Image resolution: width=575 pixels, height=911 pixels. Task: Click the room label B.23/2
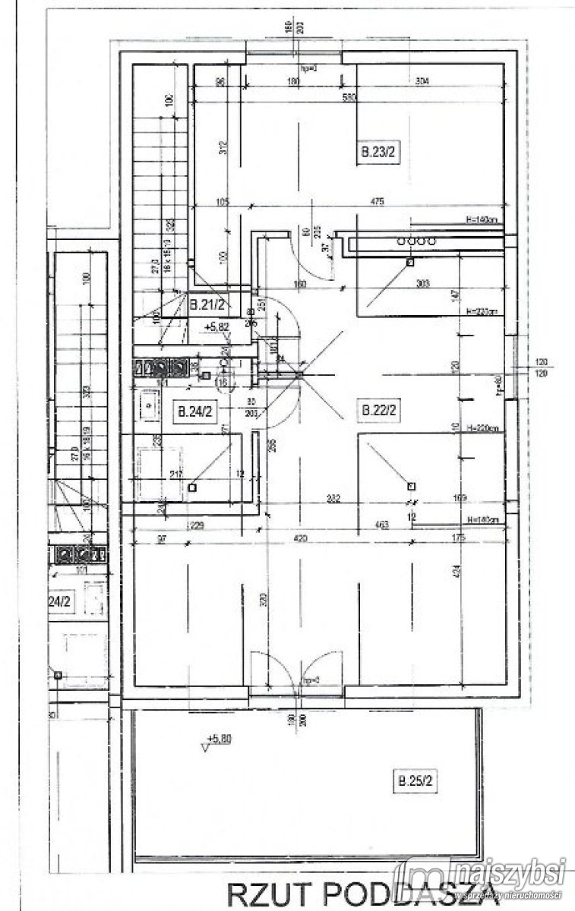378,152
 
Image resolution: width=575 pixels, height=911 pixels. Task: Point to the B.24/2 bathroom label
194,412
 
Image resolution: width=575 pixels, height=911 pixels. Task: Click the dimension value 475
378,201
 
